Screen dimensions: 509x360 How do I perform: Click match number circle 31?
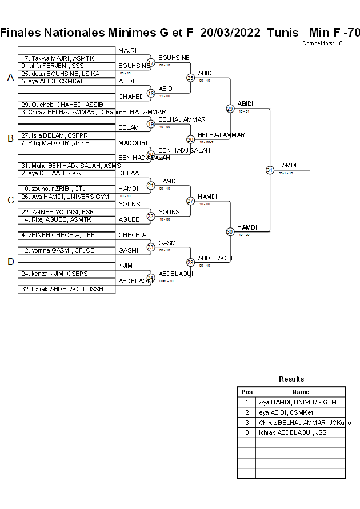(x=270, y=170)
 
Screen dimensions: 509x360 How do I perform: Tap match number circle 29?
(x=230, y=108)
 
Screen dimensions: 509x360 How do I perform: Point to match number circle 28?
(x=190, y=262)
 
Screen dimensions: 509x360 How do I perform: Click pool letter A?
(x=10, y=78)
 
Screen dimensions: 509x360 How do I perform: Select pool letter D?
(x=10, y=262)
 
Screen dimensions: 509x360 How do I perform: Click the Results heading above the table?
(x=291, y=379)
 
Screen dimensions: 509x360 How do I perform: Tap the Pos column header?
(x=247, y=392)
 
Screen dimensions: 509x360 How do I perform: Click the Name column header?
(x=301, y=392)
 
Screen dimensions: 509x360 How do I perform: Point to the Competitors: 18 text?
(x=322, y=43)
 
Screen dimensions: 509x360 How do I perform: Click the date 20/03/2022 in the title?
(x=231, y=33)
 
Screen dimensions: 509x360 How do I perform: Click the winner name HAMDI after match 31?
(x=287, y=165)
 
